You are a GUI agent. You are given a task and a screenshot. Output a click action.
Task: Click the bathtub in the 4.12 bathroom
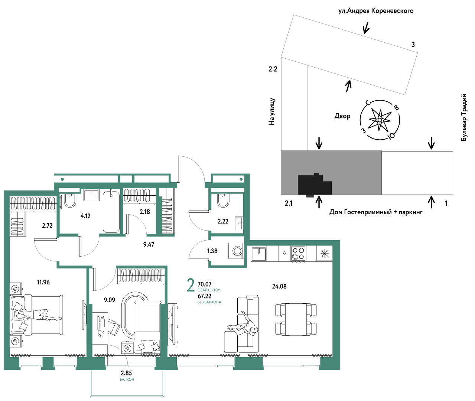click(111, 212)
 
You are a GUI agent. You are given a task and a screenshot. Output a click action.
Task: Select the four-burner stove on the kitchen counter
click(298, 253)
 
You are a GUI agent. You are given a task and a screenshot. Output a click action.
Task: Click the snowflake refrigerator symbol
click(325, 254)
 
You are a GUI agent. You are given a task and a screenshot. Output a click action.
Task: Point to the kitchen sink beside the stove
click(258, 254)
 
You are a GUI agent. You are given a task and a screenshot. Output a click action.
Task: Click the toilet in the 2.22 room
click(223, 200)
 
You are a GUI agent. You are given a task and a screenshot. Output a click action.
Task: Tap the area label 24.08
click(279, 286)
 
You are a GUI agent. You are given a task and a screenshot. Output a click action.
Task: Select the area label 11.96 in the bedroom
click(43, 282)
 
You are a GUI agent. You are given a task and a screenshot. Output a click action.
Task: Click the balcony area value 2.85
click(126, 373)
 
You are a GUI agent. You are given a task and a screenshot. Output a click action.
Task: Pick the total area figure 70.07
click(205, 284)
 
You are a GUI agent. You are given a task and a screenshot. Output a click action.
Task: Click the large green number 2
click(191, 286)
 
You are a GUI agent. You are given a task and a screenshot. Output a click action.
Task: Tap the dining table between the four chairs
click(296, 319)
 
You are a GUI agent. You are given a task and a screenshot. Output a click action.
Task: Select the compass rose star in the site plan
click(380, 120)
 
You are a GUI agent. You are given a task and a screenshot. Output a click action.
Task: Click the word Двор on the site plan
click(342, 116)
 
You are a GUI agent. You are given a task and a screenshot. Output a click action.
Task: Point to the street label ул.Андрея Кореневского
click(376, 11)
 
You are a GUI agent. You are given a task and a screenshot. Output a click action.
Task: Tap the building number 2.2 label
click(273, 69)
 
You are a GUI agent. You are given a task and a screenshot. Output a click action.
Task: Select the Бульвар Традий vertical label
click(463, 117)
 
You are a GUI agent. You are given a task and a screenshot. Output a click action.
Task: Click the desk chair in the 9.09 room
click(114, 326)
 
